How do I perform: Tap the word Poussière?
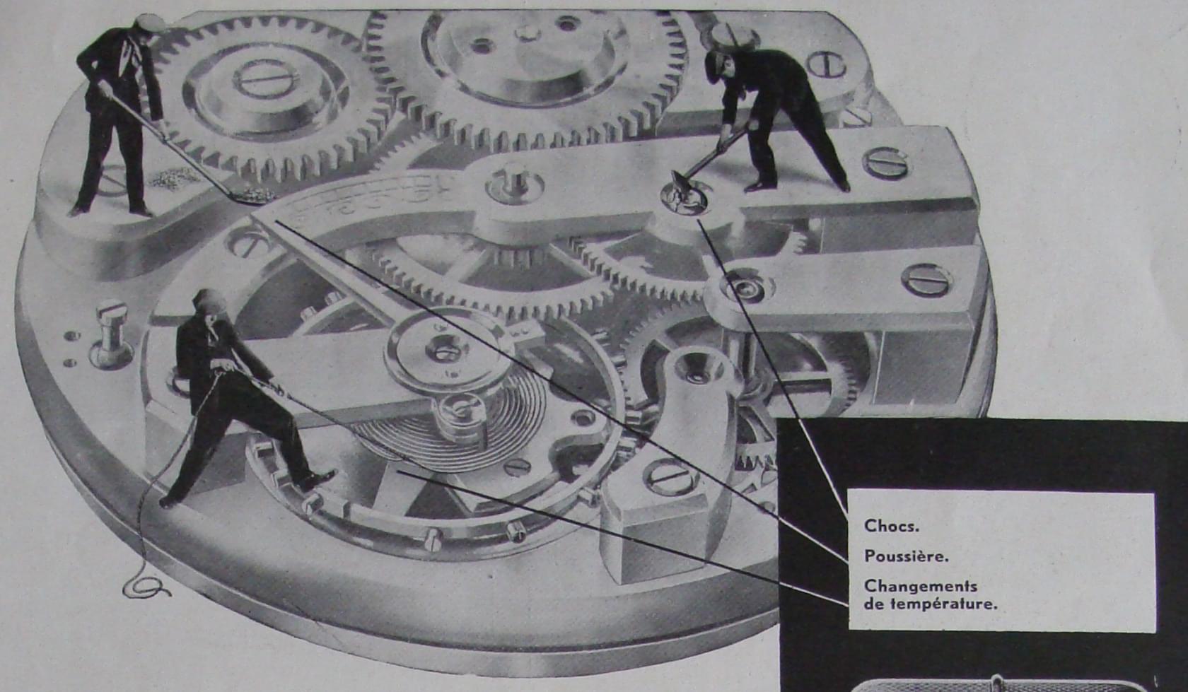(x=906, y=556)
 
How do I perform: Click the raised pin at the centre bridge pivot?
(x=513, y=182)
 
